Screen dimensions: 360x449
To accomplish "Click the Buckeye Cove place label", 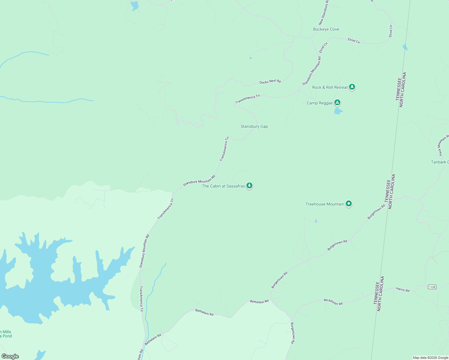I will point(326,29).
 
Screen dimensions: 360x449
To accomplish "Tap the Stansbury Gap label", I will point(254,127).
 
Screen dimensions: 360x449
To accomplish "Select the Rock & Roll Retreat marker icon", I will point(352,87).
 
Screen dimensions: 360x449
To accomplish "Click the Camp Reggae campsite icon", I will point(337,103).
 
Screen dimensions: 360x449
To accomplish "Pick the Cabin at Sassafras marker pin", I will point(249,185).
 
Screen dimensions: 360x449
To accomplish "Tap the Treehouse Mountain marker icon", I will point(348,204).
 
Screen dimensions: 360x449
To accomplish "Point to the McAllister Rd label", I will point(333,302).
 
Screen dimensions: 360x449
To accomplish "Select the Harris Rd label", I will point(403,290).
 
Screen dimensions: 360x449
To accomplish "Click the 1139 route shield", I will point(432,287).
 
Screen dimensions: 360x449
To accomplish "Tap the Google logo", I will point(10,356).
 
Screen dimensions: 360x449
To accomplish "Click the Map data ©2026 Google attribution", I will point(430,358).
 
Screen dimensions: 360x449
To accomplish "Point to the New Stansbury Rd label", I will point(324,13).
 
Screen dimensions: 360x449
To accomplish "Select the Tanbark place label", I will point(440,162).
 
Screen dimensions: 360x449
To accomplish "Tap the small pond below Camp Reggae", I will point(338,111).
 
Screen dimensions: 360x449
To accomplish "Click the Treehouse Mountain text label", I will point(325,204).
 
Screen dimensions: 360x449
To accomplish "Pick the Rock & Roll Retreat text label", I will point(330,88).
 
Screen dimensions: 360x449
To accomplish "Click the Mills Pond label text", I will point(6,334).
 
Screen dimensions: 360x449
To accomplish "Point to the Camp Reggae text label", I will point(320,103).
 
